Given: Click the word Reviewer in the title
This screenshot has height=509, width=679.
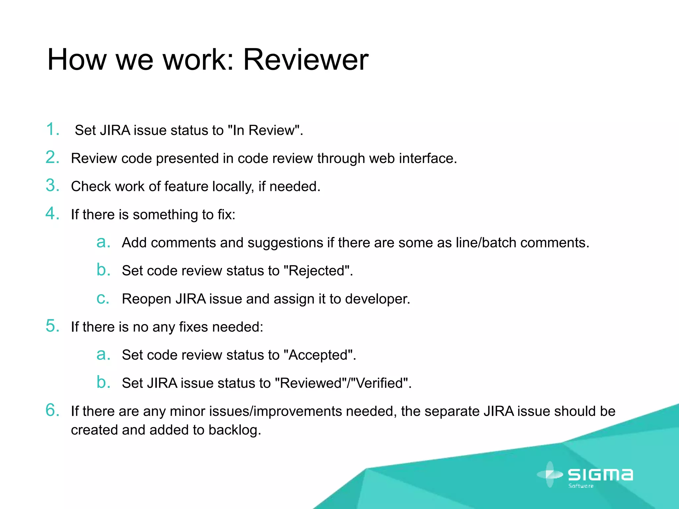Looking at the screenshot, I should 305,60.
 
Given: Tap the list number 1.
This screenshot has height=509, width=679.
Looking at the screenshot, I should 52,129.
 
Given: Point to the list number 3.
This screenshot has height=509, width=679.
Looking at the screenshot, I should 52,186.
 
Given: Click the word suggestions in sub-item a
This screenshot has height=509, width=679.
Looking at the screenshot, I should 285,243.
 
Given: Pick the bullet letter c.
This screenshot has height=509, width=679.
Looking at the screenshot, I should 102,299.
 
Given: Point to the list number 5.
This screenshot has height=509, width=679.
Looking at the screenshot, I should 52,326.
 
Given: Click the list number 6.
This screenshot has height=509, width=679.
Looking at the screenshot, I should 52,410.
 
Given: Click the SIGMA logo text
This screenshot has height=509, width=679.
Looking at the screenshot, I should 600,475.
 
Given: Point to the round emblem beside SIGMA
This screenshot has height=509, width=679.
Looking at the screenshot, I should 550,475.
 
